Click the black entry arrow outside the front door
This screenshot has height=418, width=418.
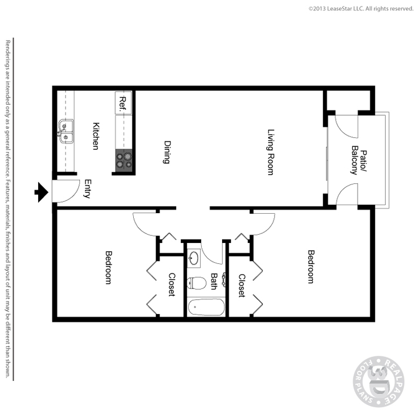pyautogui.click(x=42, y=192)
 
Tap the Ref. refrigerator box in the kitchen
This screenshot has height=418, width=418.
pyautogui.click(x=123, y=103)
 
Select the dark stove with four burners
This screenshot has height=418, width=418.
pyautogui.click(x=124, y=160)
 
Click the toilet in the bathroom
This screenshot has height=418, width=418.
pyautogui.click(x=196, y=284)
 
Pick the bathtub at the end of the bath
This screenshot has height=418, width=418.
pyautogui.click(x=207, y=307)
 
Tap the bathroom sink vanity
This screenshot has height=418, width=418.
pyautogui.click(x=194, y=258)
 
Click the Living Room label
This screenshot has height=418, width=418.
pyautogui.click(x=271, y=152)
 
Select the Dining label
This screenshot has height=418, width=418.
pyautogui.click(x=167, y=152)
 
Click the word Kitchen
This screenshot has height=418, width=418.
pyautogui.click(x=96, y=136)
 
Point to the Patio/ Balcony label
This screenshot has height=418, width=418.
pyautogui.click(x=359, y=160)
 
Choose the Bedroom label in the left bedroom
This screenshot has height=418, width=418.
pyautogui.click(x=109, y=268)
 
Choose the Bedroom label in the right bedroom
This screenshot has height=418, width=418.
pyautogui.click(x=311, y=266)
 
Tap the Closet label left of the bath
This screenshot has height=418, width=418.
pyautogui.click(x=172, y=284)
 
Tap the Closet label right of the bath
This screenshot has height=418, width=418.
pyautogui.click(x=242, y=285)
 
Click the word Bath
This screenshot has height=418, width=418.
pyautogui.click(x=214, y=281)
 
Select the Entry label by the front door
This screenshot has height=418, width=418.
pyautogui.click(x=88, y=189)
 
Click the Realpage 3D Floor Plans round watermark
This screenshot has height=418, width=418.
pyautogui.click(x=379, y=382)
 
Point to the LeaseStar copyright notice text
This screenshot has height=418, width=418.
pyautogui.click(x=361, y=9)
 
